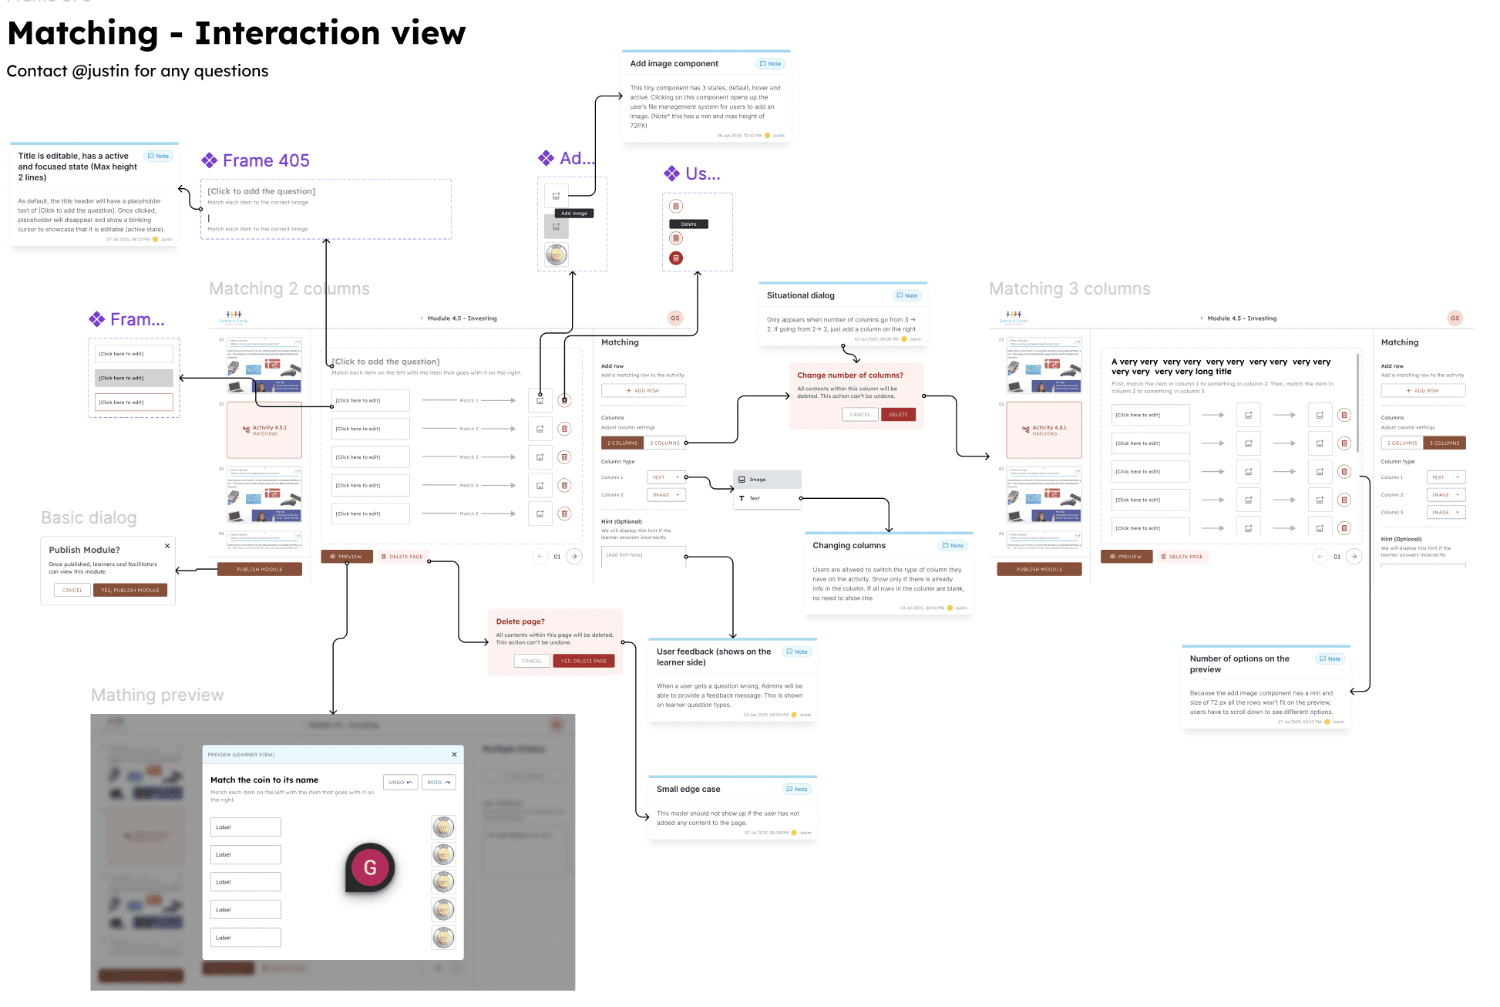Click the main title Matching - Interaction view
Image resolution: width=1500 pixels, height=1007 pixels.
coord(236,34)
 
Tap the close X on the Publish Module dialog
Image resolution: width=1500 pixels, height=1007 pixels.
coord(167,546)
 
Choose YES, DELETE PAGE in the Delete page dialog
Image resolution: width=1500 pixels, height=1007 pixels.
coord(584,661)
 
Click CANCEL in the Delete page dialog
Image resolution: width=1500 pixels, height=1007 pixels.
coord(532,661)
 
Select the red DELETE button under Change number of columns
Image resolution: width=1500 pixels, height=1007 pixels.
coord(898,415)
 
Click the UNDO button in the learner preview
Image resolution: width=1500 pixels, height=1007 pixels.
coord(400,783)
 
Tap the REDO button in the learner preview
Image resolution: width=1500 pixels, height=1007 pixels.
coord(439,783)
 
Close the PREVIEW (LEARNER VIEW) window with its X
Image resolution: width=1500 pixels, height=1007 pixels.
coord(454,755)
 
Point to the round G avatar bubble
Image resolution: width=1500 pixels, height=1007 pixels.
coord(370,867)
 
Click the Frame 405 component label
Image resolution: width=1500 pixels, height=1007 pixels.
coord(266,160)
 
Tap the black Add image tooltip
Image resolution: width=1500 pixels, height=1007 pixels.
coord(574,214)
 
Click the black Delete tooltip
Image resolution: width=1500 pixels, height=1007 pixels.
coord(688,224)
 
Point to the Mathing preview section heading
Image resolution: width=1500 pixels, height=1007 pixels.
coord(157,695)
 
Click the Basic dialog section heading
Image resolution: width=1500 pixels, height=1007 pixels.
coord(89,518)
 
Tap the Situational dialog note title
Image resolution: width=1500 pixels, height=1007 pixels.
coord(800,296)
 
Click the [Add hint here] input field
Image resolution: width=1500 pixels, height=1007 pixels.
coord(643,555)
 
